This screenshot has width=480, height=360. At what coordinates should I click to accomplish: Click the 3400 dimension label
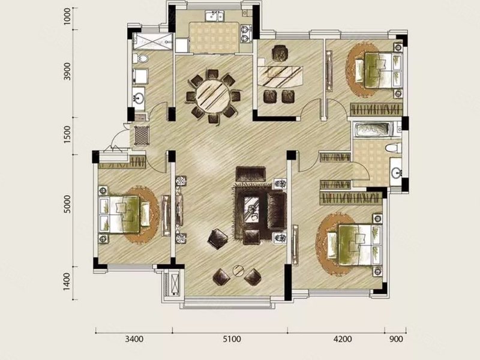click(x=134, y=339)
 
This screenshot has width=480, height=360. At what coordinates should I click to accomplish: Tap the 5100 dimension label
click(x=232, y=339)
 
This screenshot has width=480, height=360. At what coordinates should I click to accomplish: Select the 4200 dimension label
click(x=343, y=339)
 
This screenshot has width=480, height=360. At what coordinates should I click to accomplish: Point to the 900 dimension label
click(x=397, y=339)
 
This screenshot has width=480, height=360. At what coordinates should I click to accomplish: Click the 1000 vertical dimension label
click(x=67, y=16)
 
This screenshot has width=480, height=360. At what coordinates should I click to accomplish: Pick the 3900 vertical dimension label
click(x=67, y=71)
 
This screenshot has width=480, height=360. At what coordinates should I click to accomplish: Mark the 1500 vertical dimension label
click(x=67, y=134)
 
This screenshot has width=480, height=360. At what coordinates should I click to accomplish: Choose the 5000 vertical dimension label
click(x=67, y=204)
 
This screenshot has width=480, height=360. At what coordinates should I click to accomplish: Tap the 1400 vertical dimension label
click(x=67, y=282)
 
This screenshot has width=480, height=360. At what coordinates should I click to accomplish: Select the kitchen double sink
click(x=215, y=16)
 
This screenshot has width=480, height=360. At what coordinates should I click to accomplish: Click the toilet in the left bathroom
click(x=141, y=58)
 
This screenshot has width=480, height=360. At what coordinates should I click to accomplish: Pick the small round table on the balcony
click(x=238, y=271)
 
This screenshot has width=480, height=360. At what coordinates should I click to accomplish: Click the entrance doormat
click(x=142, y=136)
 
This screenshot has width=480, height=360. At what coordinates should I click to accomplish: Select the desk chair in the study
click(x=280, y=53)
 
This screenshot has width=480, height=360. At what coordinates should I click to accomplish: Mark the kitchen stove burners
click(x=245, y=34)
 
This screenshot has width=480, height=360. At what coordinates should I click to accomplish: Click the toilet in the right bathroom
click(x=393, y=148)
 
